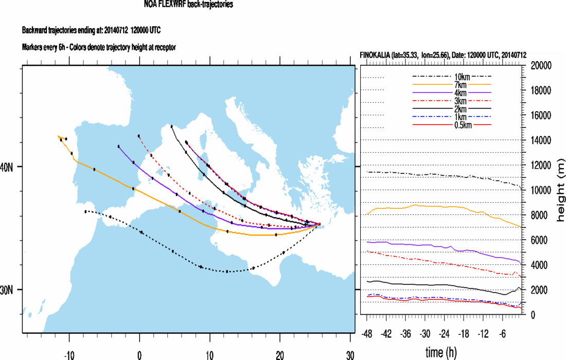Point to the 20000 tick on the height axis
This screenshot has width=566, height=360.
[540, 65]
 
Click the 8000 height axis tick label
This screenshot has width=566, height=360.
[538, 215]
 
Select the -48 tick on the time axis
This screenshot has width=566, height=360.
[367, 333]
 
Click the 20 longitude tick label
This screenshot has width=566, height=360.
[280, 355]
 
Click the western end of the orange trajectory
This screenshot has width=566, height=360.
[58, 136]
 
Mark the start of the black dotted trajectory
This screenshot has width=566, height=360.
[85, 211]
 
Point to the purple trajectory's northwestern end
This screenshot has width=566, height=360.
[118, 147]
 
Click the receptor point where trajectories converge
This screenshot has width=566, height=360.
[319, 224]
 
